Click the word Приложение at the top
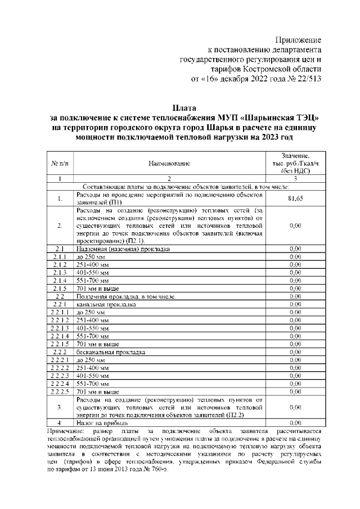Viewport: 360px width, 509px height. point(298,40)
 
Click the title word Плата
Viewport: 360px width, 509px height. point(184,107)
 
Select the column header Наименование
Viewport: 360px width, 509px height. point(169,163)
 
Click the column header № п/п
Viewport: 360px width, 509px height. point(60,163)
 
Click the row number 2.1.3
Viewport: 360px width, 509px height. point(60,272)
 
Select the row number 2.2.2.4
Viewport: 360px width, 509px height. point(60,383)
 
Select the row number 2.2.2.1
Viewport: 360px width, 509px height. point(60,359)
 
